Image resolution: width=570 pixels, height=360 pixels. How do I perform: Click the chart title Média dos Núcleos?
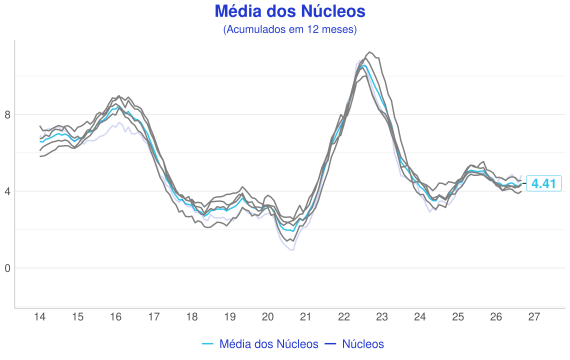(290, 11)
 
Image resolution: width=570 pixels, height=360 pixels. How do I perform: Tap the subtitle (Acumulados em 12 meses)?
(290, 29)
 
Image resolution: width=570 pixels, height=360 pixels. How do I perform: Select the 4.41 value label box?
(544, 184)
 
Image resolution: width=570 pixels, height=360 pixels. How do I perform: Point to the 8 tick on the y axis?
(7, 115)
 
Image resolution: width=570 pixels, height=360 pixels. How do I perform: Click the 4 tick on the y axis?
(7, 191)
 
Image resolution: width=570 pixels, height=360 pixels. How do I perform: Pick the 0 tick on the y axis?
(7, 268)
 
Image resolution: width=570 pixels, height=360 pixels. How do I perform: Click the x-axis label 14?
(40, 317)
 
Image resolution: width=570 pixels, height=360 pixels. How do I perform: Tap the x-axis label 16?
(116, 317)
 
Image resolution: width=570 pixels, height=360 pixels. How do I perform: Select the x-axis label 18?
(192, 317)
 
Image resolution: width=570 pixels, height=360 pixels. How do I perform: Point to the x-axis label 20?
(268, 317)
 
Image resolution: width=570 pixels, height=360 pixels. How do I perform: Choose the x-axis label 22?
(344, 317)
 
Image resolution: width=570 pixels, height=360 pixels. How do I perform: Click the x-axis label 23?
(382, 317)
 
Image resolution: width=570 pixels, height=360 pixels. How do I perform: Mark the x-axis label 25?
(458, 317)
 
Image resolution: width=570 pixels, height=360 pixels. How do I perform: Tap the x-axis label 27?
(534, 317)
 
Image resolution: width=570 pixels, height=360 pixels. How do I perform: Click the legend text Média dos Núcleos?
(269, 344)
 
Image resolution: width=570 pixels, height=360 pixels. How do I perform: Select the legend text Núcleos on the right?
(363, 344)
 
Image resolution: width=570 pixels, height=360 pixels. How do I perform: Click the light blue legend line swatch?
(208, 344)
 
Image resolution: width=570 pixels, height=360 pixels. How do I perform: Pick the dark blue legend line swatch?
(330, 344)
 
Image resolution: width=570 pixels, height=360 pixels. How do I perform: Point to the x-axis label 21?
(306, 317)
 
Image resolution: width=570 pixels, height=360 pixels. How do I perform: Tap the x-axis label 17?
(154, 317)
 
